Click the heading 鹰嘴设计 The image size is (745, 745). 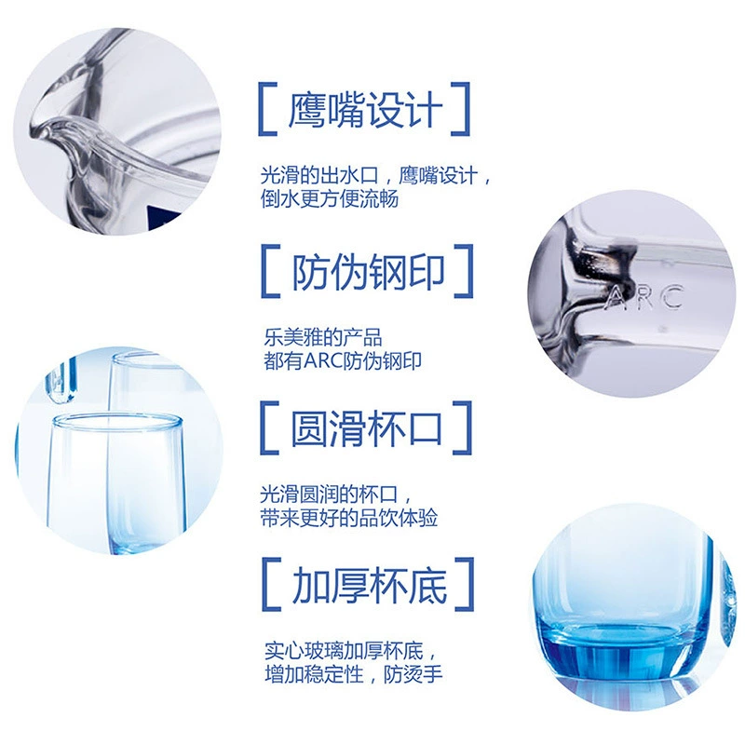[x=365, y=109]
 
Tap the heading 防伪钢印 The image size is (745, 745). [x=368, y=271]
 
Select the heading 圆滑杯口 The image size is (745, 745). [x=366, y=428]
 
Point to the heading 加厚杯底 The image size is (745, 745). [x=369, y=585]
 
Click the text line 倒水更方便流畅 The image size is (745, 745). [x=330, y=198]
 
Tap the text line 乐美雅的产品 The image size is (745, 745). [x=323, y=337]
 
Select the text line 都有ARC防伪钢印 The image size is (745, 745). [x=343, y=360]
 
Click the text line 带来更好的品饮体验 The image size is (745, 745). [x=348, y=518]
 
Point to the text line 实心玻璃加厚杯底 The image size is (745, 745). [x=344, y=650]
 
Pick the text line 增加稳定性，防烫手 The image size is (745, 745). [x=354, y=673]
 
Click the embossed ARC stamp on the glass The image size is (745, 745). [x=645, y=298]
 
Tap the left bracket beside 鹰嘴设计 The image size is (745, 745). [x=267, y=109]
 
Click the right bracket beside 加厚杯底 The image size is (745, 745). [x=465, y=585]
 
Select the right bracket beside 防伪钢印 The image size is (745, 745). [x=464, y=271]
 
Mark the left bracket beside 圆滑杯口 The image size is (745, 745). [x=269, y=428]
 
